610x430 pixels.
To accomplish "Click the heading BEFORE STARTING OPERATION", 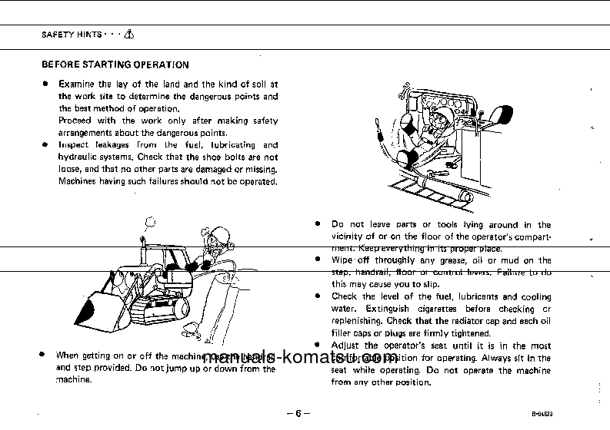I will (115, 65).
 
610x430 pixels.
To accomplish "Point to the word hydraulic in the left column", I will (78, 157).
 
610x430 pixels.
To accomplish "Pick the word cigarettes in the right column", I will (439, 309).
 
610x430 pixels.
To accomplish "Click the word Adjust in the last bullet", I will (346, 346).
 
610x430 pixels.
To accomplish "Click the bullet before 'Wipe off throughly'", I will (318, 260).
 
